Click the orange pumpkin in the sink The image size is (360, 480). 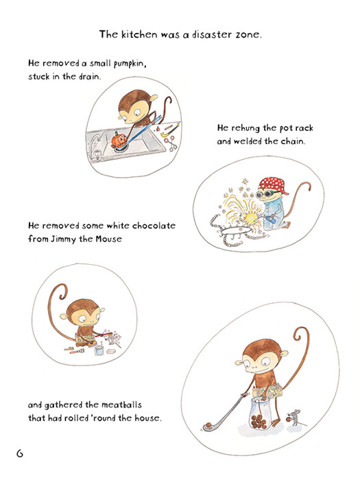coord(119,140)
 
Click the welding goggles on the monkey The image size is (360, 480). coord(264,193)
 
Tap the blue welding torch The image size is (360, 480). coord(272,219)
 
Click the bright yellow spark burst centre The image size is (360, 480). coord(250,217)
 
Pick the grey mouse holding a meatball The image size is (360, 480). coord(295,418)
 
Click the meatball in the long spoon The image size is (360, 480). coord(208,425)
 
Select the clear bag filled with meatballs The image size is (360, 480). coord(260,414)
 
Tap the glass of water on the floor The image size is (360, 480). coord(99,350)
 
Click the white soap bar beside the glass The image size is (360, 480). coord(111,351)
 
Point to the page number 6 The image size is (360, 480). coord(20,453)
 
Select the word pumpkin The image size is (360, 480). coord(130,64)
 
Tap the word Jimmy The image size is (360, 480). coord(63,239)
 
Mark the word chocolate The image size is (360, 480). coord(154,226)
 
